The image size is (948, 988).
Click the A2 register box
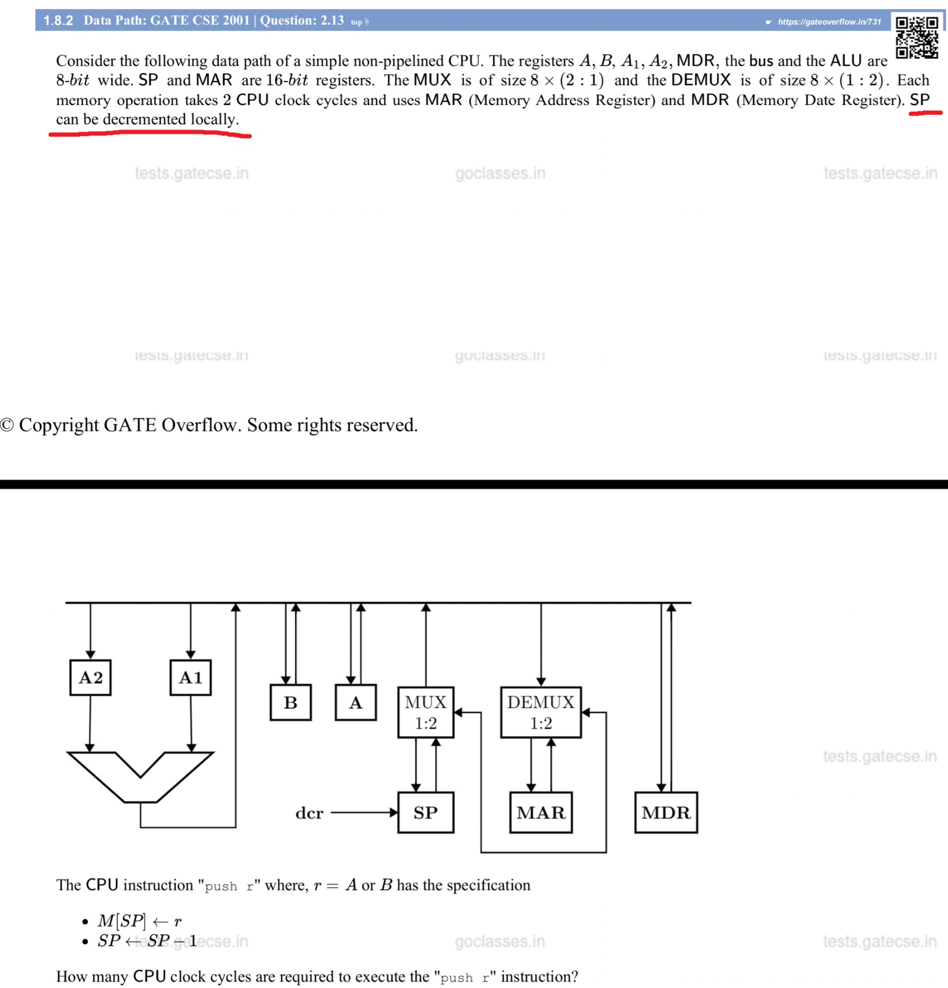(x=90, y=677)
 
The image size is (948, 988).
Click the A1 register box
(x=191, y=677)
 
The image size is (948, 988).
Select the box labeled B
(x=291, y=702)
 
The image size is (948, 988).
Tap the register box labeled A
(x=355, y=702)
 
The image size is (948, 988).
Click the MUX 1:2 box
(x=426, y=712)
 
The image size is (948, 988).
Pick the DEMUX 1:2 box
(x=541, y=712)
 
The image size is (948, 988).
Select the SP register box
(x=426, y=812)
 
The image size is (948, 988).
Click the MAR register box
(x=541, y=812)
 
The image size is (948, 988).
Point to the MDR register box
(x=666, y=812)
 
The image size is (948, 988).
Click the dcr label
(x=309, y=813)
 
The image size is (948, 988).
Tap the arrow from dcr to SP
(x=364, y=812)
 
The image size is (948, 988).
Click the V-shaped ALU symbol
(x=140, y=776)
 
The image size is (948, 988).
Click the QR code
(x=917, y=37)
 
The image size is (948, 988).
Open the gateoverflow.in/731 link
(x=829, y=22)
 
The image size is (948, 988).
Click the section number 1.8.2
(x=58, y=21)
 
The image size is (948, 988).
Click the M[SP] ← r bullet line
(x=140, y=921)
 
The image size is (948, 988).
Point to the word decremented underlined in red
(x=144, y=119)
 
